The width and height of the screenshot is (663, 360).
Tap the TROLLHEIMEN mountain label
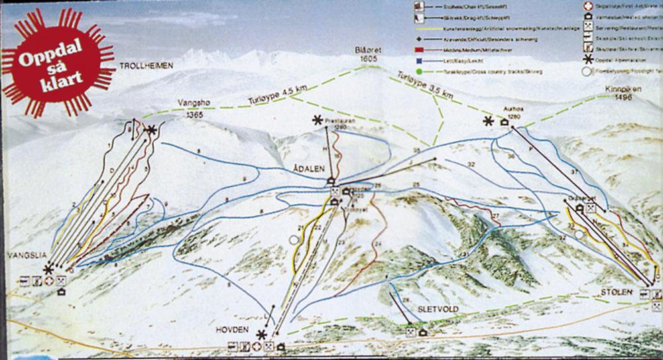click(x=147, y=66)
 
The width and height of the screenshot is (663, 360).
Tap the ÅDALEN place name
click(x=307, y=168)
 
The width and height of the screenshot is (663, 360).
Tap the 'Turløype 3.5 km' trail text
click(x=424, y=84)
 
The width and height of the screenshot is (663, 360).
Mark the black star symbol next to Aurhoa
click(x=489, y=121)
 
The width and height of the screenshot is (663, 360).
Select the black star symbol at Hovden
click(x=263, y=335)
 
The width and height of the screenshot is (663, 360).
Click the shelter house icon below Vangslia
click(x=62, y=291)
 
